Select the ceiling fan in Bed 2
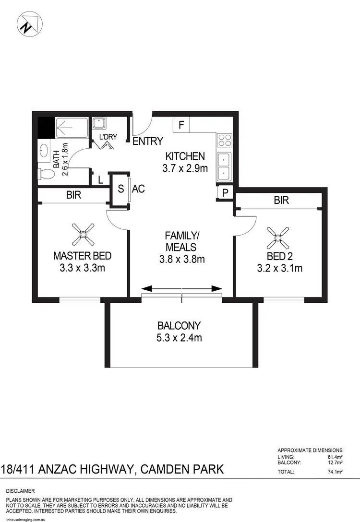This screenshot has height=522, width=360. pos(278,235)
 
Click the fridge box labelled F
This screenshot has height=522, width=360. pos(181,125)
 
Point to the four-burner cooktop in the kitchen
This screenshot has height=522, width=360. pos(225,140)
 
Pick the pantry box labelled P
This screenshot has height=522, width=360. pos(224,193)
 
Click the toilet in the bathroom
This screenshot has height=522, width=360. pos(46,173)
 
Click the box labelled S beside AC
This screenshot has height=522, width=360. pos(120,189)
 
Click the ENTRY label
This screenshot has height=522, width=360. pos(147,141)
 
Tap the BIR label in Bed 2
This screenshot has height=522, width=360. pos(281,201)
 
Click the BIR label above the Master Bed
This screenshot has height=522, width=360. pos(74,195)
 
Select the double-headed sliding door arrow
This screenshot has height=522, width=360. pos(181,288)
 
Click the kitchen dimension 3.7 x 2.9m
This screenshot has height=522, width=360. pos(185,168)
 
